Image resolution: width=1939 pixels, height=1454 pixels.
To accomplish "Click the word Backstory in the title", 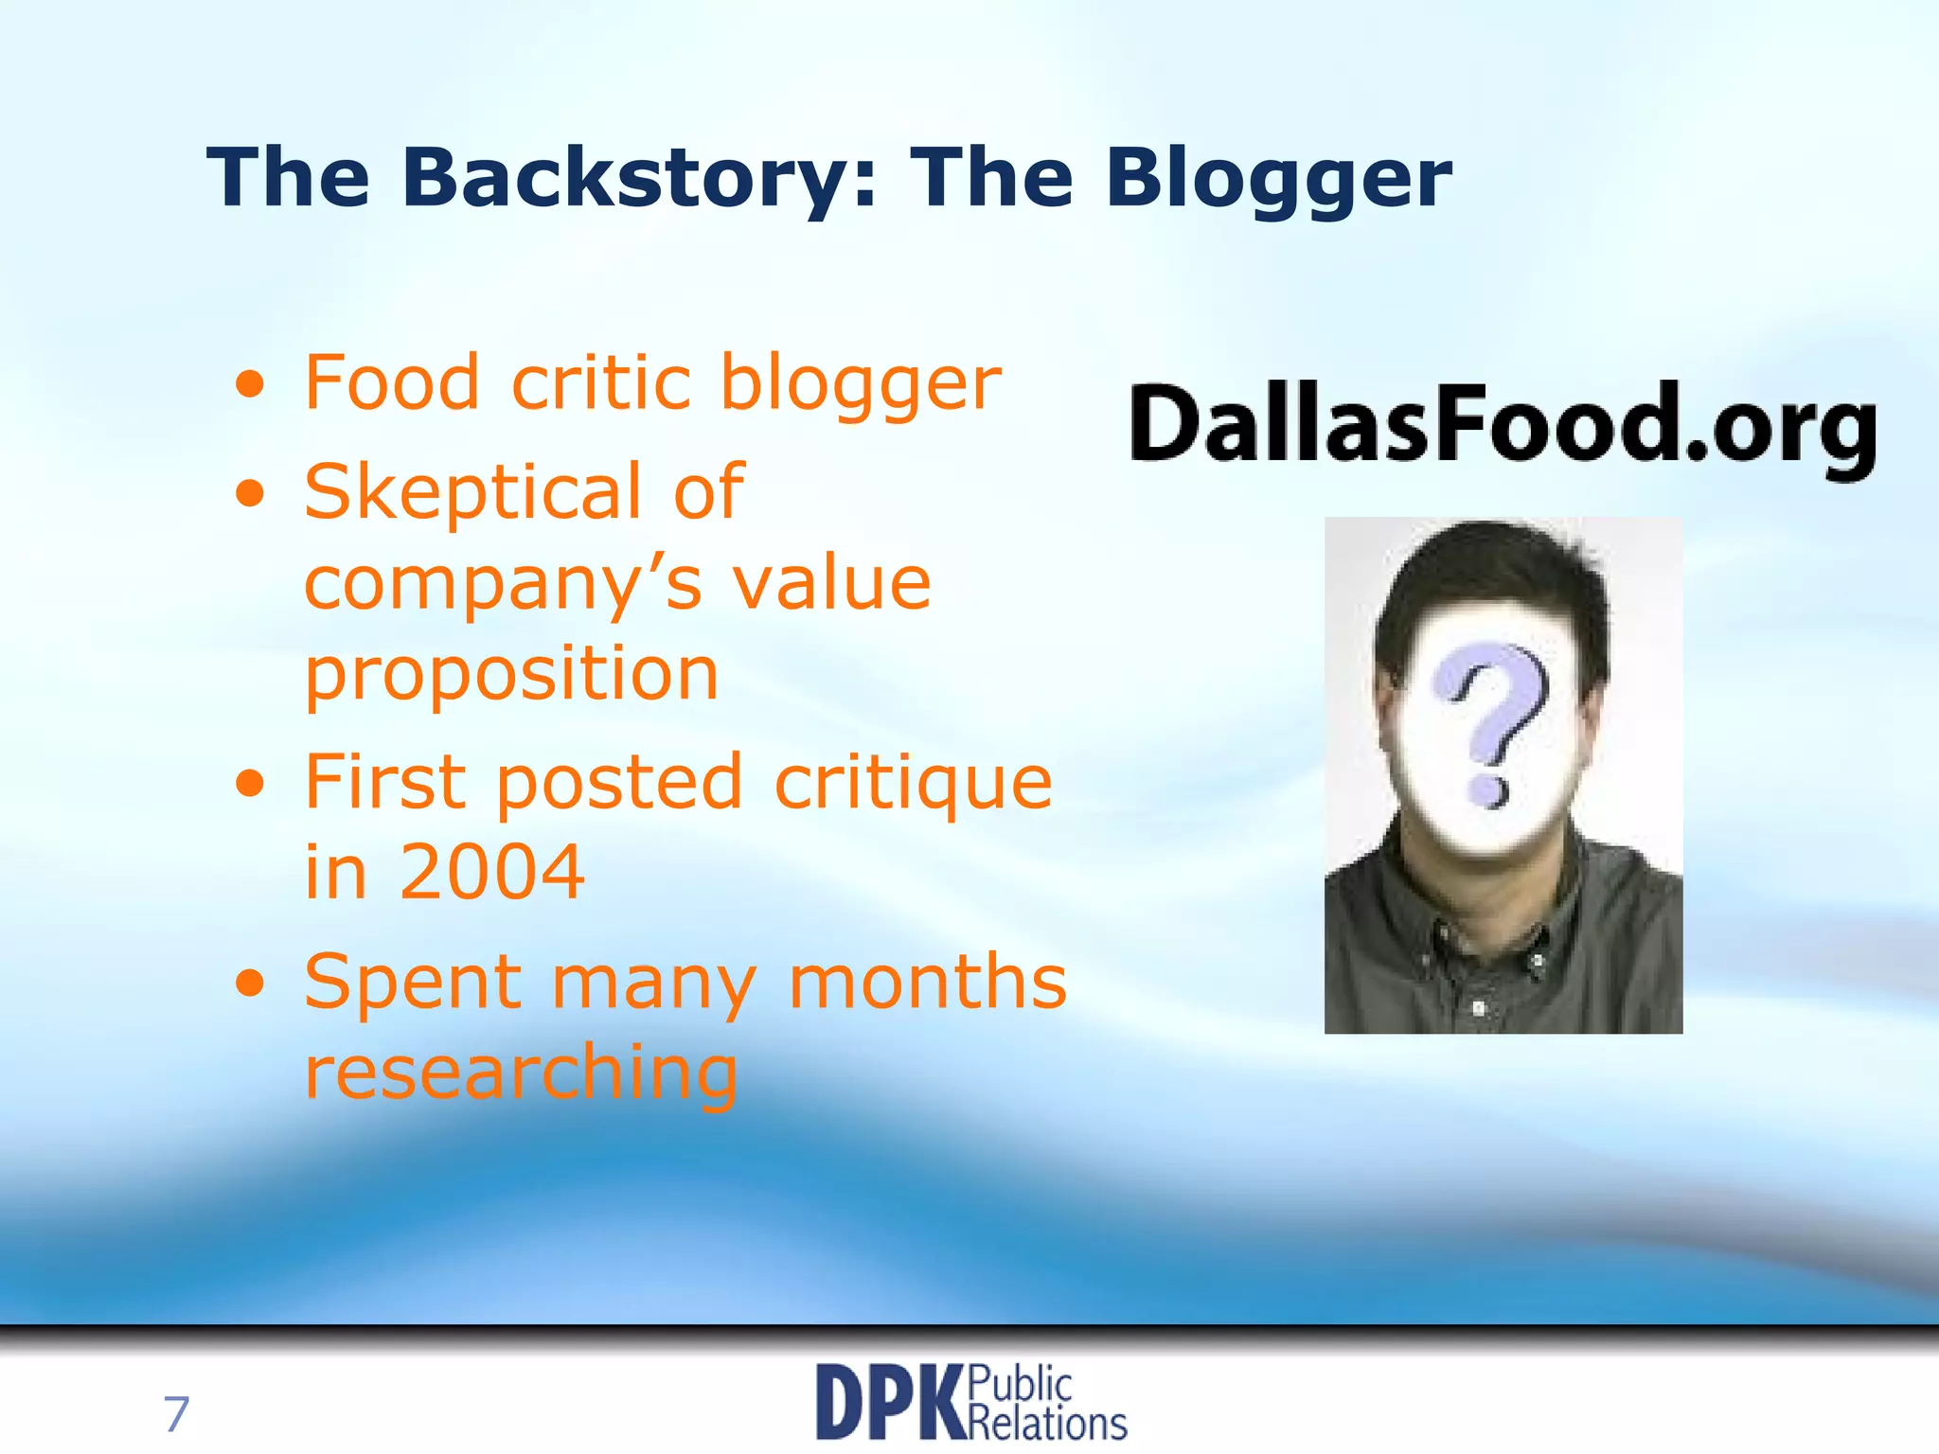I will click(x=627, y=178).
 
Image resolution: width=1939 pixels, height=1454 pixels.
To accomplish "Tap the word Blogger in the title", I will click(x=1279, y=180).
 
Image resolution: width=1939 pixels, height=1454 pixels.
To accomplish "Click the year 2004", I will click(x=491, y=871).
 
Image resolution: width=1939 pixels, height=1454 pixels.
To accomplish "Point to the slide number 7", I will click(x=176, y=1414).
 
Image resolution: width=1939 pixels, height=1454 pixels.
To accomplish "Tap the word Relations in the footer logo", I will click(x=1048, y=1423).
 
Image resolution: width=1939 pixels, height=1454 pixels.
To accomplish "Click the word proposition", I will click(x=511, y=674).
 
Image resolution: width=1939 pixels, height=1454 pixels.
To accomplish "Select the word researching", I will click(x=521, y=1073).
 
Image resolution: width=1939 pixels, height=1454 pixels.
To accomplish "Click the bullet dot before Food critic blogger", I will click(x=250, y=385).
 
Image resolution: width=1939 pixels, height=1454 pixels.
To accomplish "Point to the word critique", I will click(x=913, y=784).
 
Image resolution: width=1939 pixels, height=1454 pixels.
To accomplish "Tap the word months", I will click(x=927, y=982).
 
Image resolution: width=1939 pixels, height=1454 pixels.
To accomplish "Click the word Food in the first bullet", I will click(x=392, y=382).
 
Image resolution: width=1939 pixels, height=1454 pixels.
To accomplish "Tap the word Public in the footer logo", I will click(x=1021, y=1386).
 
